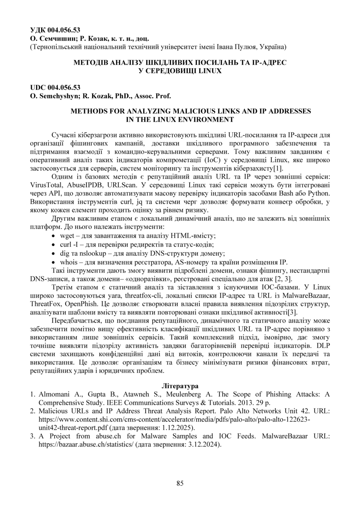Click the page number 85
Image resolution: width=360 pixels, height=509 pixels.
point(180,483)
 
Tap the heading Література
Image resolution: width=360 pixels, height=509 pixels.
point(180,386)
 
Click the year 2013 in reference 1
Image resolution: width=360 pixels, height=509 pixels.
point(245,402)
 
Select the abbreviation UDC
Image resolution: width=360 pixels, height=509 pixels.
point(39,87)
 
